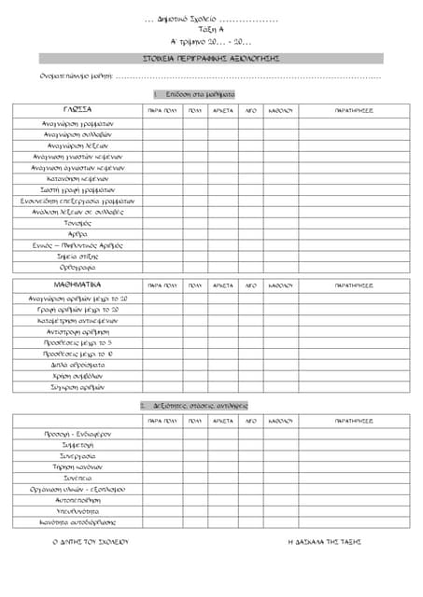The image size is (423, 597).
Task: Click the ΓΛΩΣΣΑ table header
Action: pyautogui.click(x=78, y=109)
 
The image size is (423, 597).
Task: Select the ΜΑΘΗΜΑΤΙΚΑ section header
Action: pyautogui.click(x=78, y=284)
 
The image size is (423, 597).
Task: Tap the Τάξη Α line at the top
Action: pyautogui.click(x=211, y=30)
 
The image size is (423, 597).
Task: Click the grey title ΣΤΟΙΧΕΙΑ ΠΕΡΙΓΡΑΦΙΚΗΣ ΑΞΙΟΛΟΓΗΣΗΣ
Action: pyautogui.click(x=211, y=58)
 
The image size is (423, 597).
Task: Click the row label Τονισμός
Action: pyautogui.click(x=78, y=223)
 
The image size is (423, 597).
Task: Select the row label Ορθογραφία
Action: pyautogui.click(x=78, y=267)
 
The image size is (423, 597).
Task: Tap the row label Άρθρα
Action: pyautogui.click(x=78, y=234)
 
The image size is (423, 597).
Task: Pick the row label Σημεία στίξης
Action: pyautogui.click(x=78, y=256)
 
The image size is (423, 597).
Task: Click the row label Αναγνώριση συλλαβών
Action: pyautogui.click(x=78, y=134)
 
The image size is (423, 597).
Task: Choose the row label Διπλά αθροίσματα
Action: pyautogui.click(x=78, y=365)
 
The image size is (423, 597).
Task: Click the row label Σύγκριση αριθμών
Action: pyautogui.click(x=78, y=386)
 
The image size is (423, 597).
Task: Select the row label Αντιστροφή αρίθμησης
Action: pyautogui.click(x=78, y=331)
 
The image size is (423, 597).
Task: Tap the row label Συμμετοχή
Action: pyautogui.click(x=78, y=445)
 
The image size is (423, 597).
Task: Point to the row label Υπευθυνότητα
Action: pyautogui.click(x=78, y=511)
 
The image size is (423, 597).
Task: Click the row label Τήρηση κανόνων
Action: pyautogui.click(x=78, y=466)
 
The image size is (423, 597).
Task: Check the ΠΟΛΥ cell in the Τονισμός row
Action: pyautogui.click(x=194, y=223)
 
